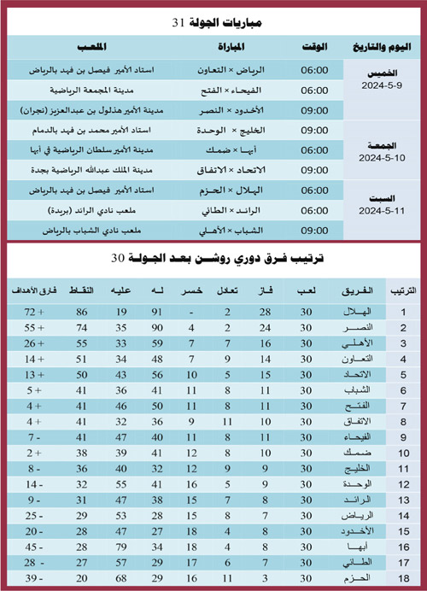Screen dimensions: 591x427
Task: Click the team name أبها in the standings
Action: (356, 547)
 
